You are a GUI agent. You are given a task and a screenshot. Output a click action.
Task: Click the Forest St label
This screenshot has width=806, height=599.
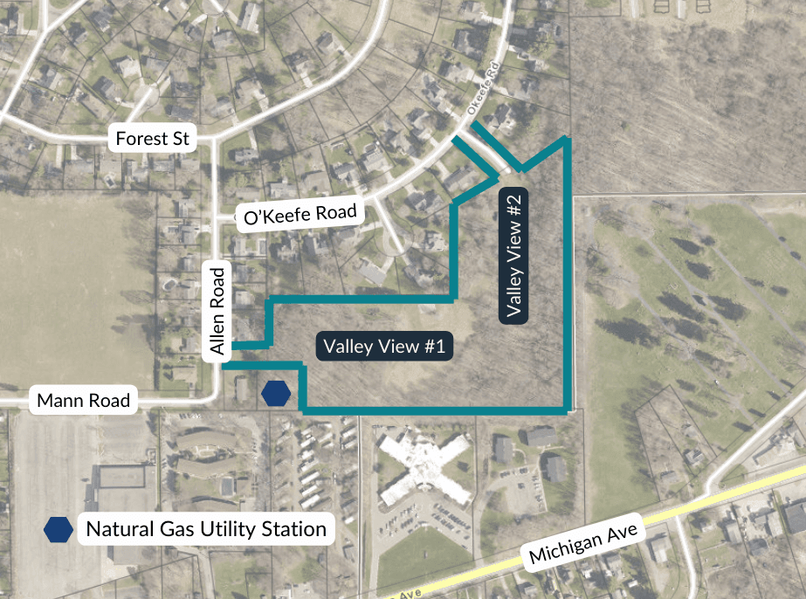pos(153,138)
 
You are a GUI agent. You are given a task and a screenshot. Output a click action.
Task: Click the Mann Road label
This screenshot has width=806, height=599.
pos(84,401)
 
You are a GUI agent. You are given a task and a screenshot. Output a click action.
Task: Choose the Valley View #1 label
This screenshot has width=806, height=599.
pos(384,347)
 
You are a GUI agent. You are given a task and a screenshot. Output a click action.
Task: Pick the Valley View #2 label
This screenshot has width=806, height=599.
pos(514,255)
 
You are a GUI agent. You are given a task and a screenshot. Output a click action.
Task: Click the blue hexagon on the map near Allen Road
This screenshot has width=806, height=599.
pos(276,394)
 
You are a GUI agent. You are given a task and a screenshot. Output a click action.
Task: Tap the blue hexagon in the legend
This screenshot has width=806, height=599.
pos(59,528)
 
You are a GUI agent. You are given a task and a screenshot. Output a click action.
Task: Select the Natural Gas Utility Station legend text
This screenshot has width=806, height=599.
pos(206,528)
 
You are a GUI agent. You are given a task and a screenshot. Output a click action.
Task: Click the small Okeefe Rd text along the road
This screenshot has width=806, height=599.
pos(481,103)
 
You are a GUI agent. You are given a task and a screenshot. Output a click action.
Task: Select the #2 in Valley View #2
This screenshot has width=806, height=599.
pos(514,210)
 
